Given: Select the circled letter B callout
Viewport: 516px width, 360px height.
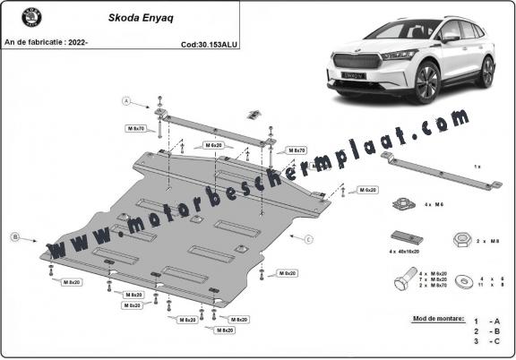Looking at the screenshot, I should coord(14,237).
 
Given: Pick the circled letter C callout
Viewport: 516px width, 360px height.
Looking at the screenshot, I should coord(308,239).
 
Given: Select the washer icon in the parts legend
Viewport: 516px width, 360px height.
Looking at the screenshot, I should coord(465,280).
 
